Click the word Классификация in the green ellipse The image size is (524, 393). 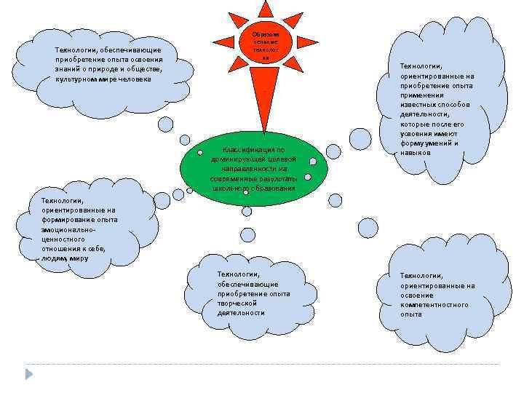(x=246, y=150)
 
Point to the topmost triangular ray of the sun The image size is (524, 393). (x=266, y=9)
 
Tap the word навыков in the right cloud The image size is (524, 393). (x=416, y=153)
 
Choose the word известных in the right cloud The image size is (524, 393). (x=416, y=105)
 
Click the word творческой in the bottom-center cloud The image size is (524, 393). (x=237, y=303)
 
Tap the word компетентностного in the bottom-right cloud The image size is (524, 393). (x=434, y=304)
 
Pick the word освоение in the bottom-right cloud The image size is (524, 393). (x=417, y=295)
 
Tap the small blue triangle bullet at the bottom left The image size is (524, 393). (x=29, y=374)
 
